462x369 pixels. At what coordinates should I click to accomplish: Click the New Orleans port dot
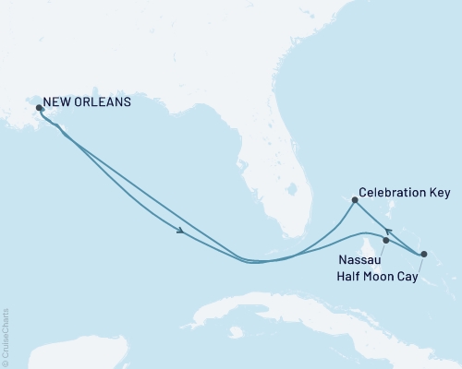pos(39,108)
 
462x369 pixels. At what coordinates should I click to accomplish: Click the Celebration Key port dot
pos(355,199)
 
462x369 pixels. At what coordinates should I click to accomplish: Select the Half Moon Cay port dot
pos(424,254)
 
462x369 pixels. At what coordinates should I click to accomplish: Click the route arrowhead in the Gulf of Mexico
pos(179,231)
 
